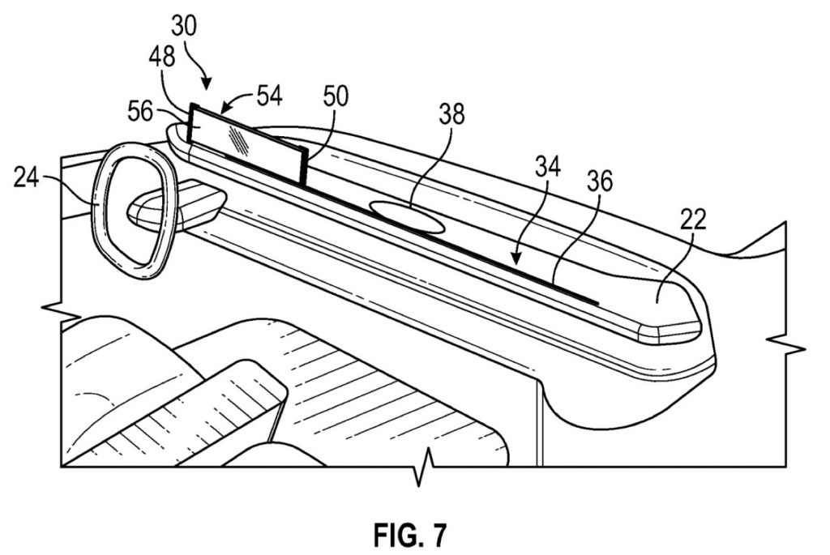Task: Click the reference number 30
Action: pyautogui.click(x=184, y=26)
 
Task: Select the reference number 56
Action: pyautogui.click(x=140, y=112)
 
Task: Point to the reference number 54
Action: pyautogui.click(x=270, y=96)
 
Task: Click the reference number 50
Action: pyautogui.click(x=336, y=96)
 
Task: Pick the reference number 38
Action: pyautogui.click(x=451, y=114)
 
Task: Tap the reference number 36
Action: pyautogui.click(x=599, y=181)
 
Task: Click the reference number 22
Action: pyautogui.click(x=693, y=219)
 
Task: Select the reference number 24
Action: pyautogui.click(x=27, y=177)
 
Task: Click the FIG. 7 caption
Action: pyautogui.click(x=410, y=535)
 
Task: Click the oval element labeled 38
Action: pyautogui.click(x=406, y=216)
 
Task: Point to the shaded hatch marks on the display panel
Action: pyautogui.click(x=240, y=140)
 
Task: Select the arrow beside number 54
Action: pyautogui.click(x=237, y=101)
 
